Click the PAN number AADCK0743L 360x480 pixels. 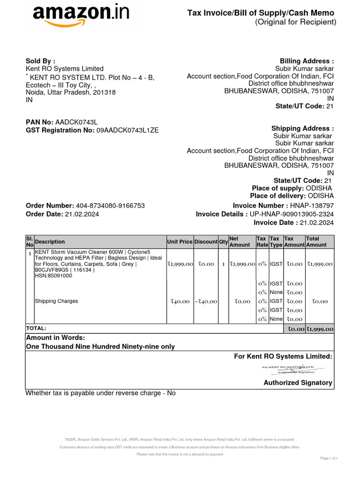(x=76, y=122)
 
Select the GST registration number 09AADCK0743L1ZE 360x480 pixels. (x=127, y=130)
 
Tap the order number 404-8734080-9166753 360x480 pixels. (x=110, y=206)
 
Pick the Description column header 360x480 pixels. (x=50, y=242)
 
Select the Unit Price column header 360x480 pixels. (x=180, y=242)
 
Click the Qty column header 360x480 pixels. (x=223, y=242)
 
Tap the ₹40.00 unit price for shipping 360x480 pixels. (x=180, y=301)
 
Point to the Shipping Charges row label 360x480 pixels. (x=56, y=301)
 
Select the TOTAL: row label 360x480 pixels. (x=36, y=329)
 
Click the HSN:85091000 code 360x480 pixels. (x=53, y=276)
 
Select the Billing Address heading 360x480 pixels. (x=307, y=61)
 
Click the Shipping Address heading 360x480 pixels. (x=302, y=128)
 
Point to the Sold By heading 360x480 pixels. (x=40, y=61)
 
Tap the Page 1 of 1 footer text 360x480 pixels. (x=329, y=457)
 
